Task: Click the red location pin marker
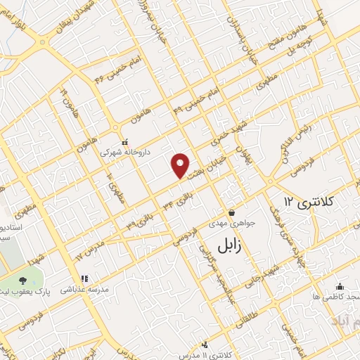[181, 165]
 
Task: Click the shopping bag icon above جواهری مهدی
[231, 212]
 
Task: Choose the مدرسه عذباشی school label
[82, 289]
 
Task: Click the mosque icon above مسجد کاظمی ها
[340, 286]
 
